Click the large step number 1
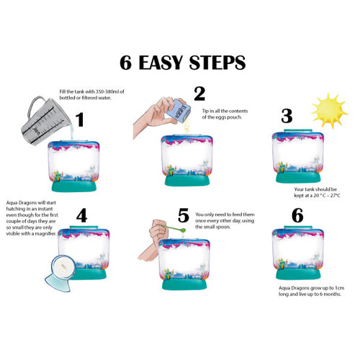pos(80,120)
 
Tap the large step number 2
pos(199,94)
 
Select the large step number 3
pos(287,116)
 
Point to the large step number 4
pos(81,215)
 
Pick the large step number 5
pos(184,215)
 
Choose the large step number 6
pos(297,215)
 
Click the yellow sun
pos(329,111)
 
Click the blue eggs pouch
pos(179,110)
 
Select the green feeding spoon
pos(175,228)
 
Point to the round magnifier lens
pos(63,267)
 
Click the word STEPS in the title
pos(217,63)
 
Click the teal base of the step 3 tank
pos(298,177)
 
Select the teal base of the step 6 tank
pos(298,274)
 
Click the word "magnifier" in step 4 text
pos(45,233)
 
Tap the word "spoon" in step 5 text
pos(223,227)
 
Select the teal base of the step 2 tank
pos(187,180)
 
